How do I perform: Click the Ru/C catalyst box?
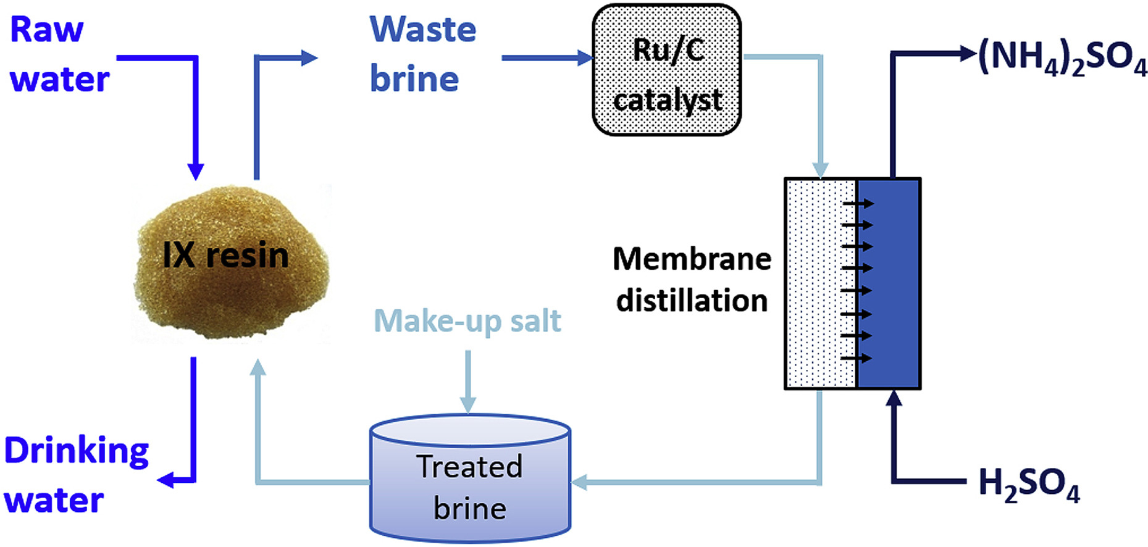tap(666, 70)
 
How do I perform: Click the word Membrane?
tap(692, 259)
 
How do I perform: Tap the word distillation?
tap(692, 301)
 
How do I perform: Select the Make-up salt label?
tap(467, 321)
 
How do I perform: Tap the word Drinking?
tap(77, 451)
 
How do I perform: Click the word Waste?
tap(423, 30)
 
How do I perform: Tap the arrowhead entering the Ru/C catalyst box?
tap(584, 58)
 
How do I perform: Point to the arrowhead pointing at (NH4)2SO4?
tap(967, 53)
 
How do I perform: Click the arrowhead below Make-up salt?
tap(468, 405)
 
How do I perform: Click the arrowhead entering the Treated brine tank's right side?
tap(579, 482)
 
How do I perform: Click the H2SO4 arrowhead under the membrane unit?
tap(894, 399)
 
